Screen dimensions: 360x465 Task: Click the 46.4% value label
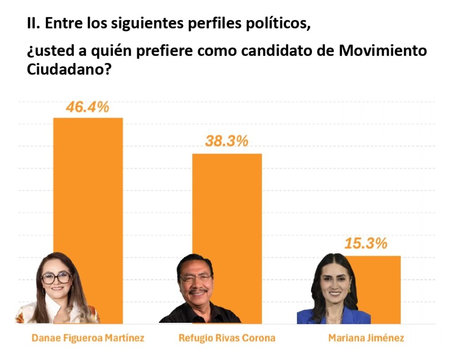coord(88,107)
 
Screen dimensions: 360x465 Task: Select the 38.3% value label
coord(227,141)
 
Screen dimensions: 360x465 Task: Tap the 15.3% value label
coord(366,243)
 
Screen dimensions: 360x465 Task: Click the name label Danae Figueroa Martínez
coord(88,338)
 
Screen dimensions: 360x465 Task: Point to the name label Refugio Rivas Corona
coord(227,338)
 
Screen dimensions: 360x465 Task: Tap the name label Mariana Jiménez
coord(366,338)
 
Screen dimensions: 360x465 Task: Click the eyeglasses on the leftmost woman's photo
coord(56,277)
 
